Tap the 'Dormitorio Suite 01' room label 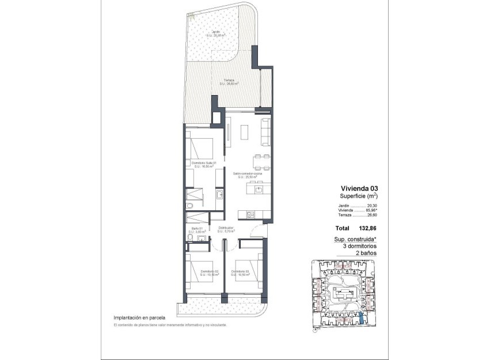pyautogui.click(x=203, y=163)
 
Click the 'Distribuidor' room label pyautogui.click(x=226, y=228)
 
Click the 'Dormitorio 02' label pyautogui.click(x=207, y=271)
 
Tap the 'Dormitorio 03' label pyautogui.click(x=241, y=271)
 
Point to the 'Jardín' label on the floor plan pyautogui.click(x=215, y=32)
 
